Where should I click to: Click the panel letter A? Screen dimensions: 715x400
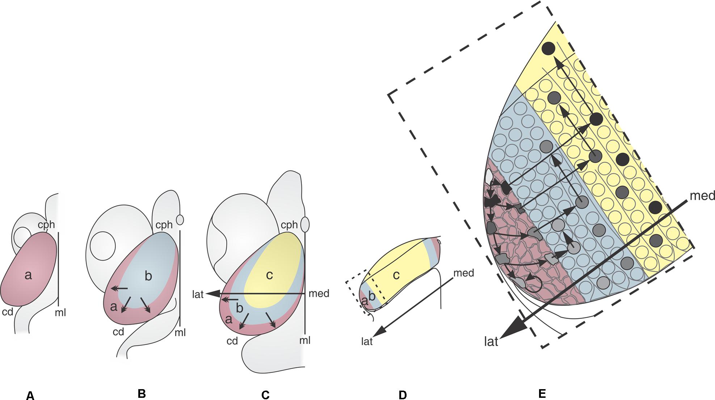tap(30, 396)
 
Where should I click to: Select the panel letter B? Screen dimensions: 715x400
tap(142, 394)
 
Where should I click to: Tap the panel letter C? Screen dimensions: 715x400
tap(265, 395)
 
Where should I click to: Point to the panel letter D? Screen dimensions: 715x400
tap(403, 395)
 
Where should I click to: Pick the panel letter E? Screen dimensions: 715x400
tap(542, 394)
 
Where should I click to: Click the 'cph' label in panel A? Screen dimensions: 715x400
tap(47, 225)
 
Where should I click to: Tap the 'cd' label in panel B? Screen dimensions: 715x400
tap(118, 332)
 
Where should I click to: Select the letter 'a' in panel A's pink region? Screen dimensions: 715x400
tap(28, 276)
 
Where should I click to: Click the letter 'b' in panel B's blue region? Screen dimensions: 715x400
tap(148, 277)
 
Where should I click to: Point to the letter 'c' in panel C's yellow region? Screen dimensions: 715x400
tap(269, 275)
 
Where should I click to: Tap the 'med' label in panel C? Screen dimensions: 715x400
tap(319, 294)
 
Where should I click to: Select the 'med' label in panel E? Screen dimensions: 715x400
tap(702, 196)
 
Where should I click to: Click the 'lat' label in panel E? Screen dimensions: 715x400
tap(491, 341)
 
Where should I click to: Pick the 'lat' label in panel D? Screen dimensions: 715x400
tap(367, 341)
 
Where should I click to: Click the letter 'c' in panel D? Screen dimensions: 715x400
tap(396, 275)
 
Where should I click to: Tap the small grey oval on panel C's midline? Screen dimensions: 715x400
tap(305, 224)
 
